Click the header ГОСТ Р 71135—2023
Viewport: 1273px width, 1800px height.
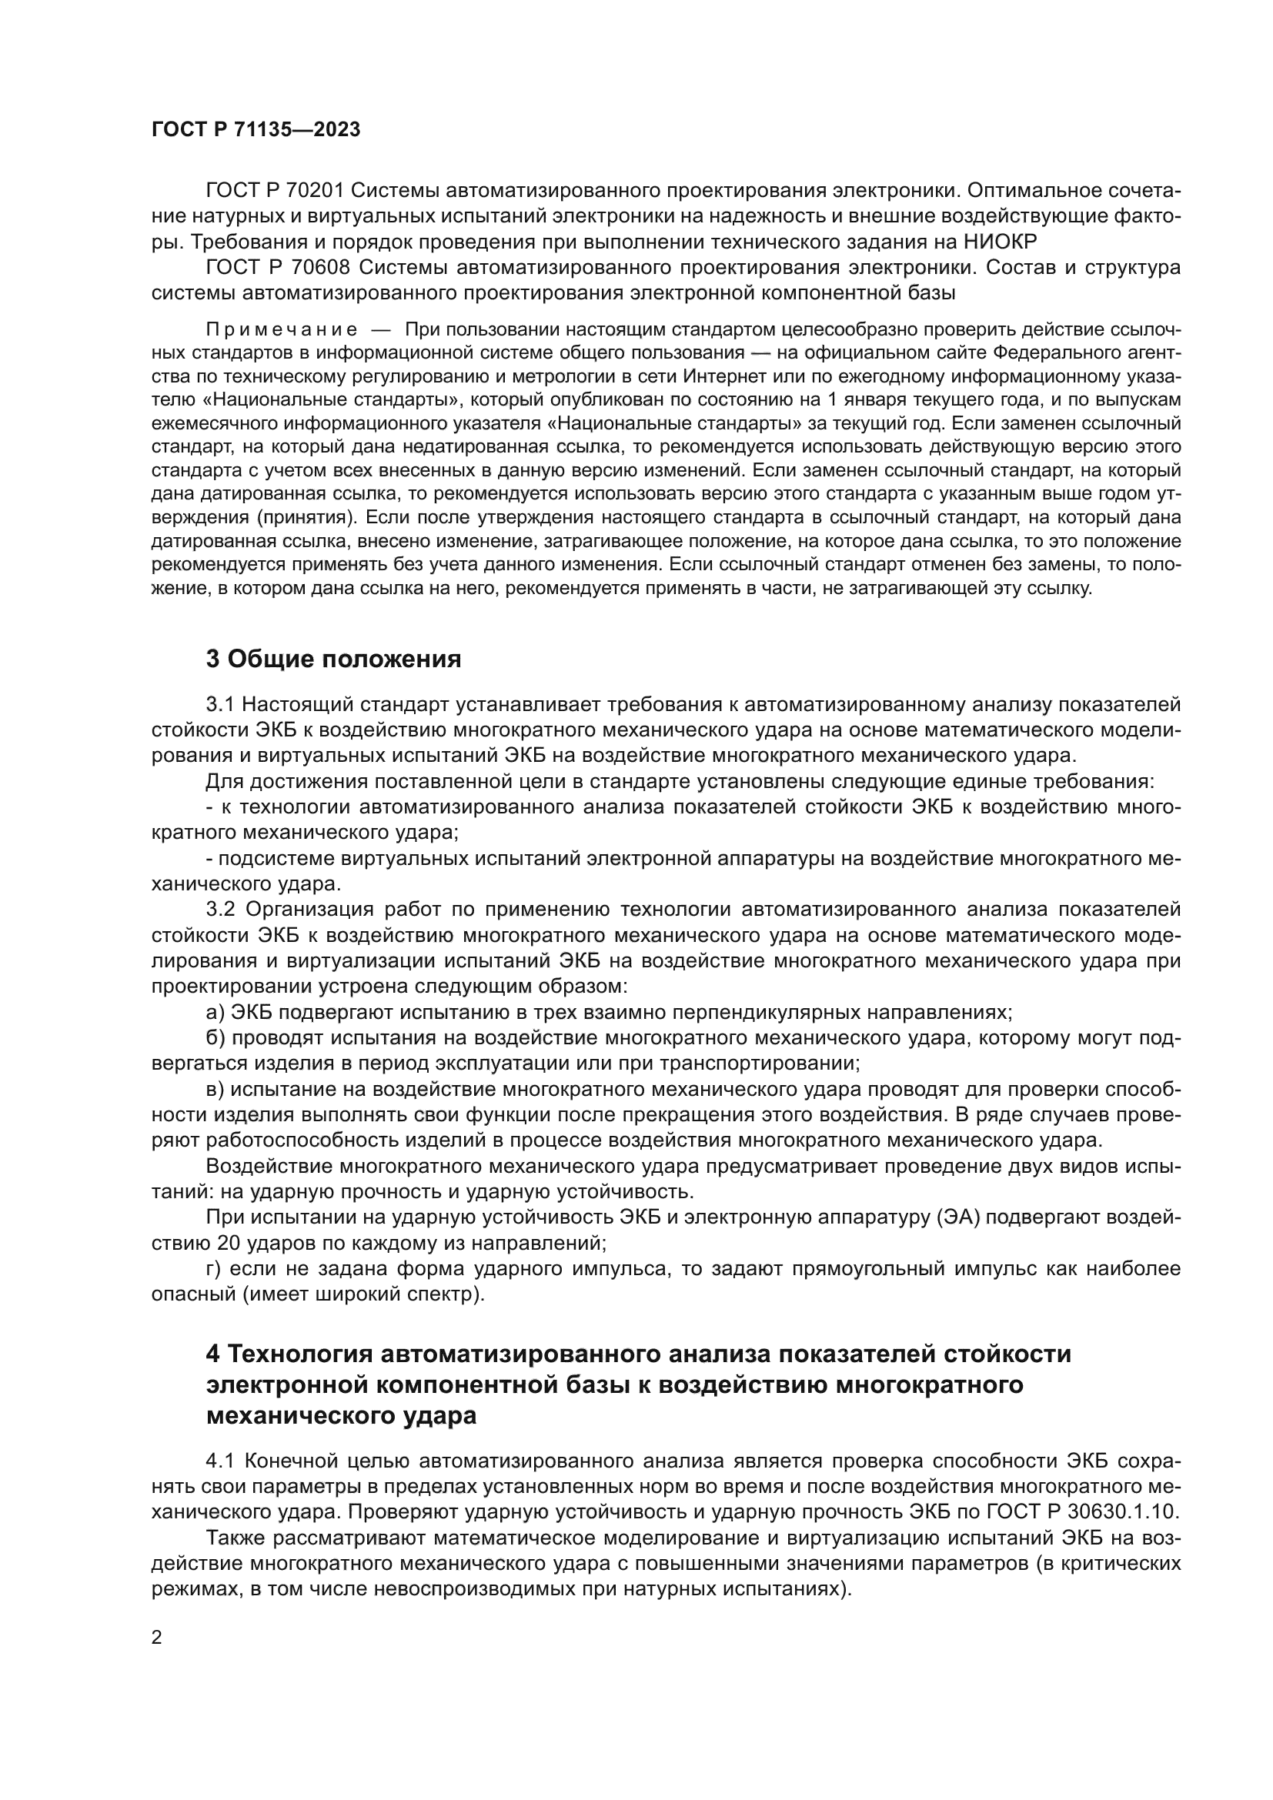256,129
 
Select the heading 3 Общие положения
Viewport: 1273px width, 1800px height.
333,660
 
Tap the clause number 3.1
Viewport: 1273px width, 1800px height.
220,705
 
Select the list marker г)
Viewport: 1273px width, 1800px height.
214,1268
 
